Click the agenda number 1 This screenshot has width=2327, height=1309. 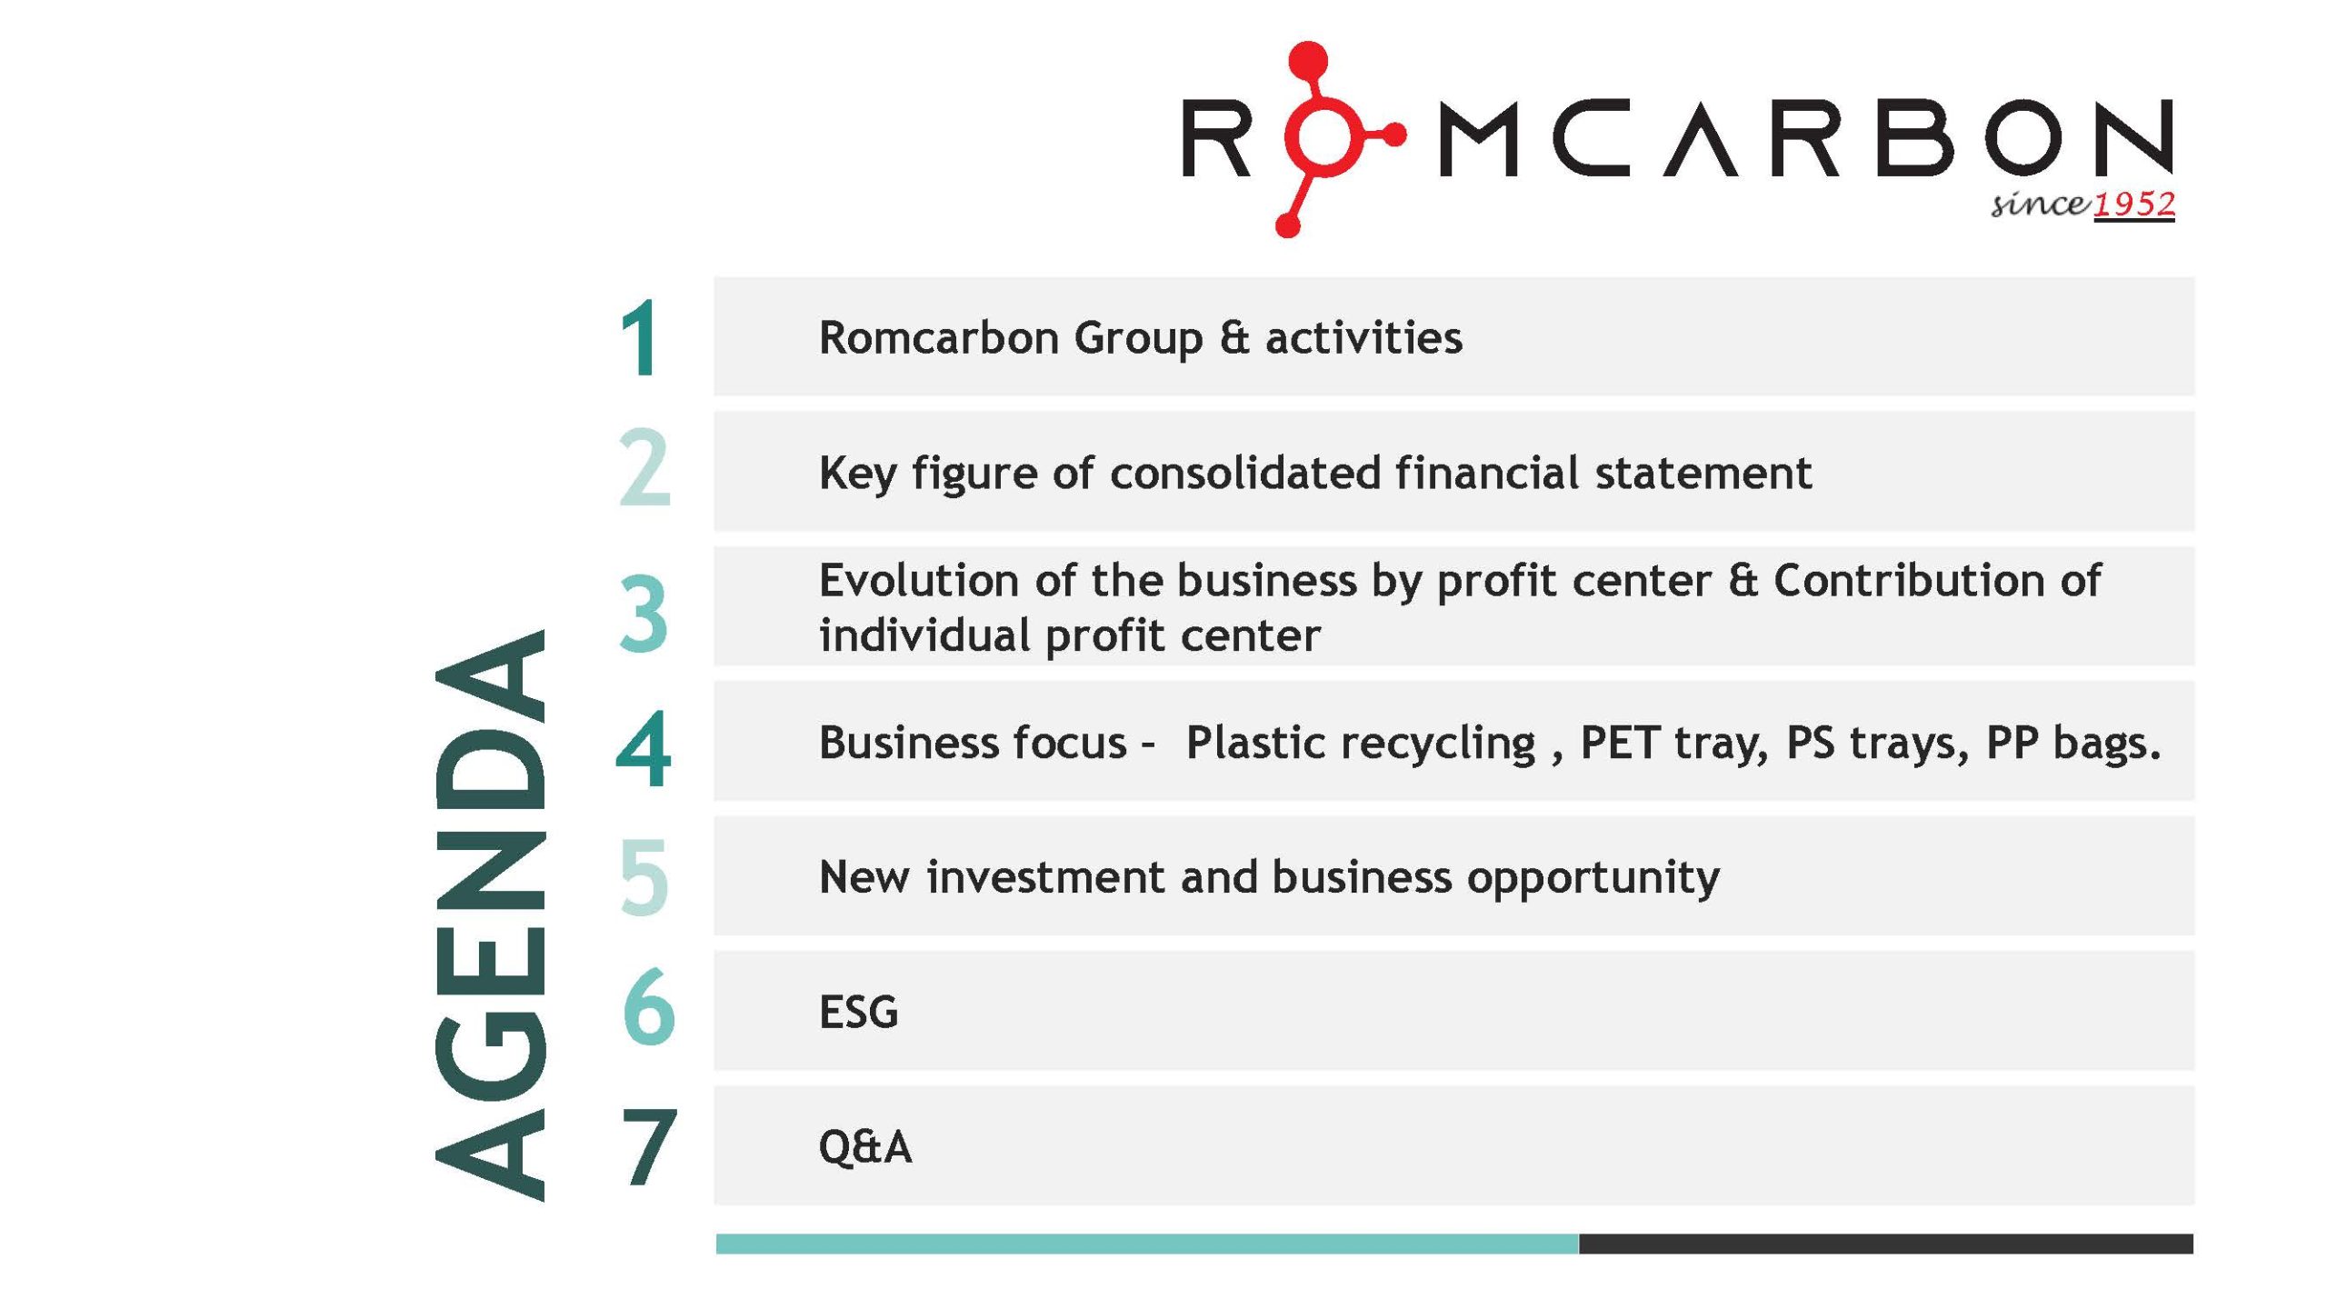tap(641, 338)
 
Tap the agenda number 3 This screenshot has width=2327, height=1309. tap(644, 614)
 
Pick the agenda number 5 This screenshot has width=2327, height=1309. tap(644, 877)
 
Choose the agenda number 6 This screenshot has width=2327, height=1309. tap(648, 1006)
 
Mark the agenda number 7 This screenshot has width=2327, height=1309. tap(649, 1147)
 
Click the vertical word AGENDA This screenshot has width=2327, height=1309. tap(491, 914)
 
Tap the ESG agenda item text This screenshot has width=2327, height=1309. tap(858, 1012)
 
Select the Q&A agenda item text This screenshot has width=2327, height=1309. tap(864, 1146)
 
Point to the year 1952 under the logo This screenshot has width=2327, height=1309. tap(2133, 204)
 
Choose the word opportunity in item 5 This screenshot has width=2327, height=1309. tap(1593, 878)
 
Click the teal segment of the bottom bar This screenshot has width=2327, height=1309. tap(1147, 1244)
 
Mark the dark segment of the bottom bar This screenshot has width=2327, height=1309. tap(1886, 1244)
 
